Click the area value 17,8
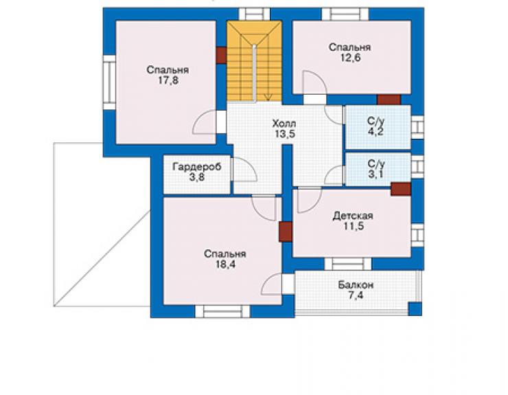click(x=168, y=80)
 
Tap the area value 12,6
click(x=350, y=58)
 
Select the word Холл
click(x=284, y=124)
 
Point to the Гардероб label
click(x=197, y=167)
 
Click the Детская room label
click(x=353, y=216)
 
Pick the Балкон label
click(x=356, y=285)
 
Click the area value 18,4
click(x=226, y=264)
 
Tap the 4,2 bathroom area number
click(x=376, y=132)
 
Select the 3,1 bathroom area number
click(x=376, y=174)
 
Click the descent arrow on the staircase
click(x=268, y=97)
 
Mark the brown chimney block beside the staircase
click(x=221, y=56)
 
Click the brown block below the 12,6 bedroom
click(x=389, y=100)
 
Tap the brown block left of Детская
click(x=286, y=232)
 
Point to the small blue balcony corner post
click(x=415, y=309)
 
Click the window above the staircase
click(x=254, y=14)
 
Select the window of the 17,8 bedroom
click(x=110, y=82)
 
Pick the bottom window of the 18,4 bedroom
click(x=222, y=311)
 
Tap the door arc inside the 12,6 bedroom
click(x=315, y=82)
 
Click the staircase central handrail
click(x=255, y=73)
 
